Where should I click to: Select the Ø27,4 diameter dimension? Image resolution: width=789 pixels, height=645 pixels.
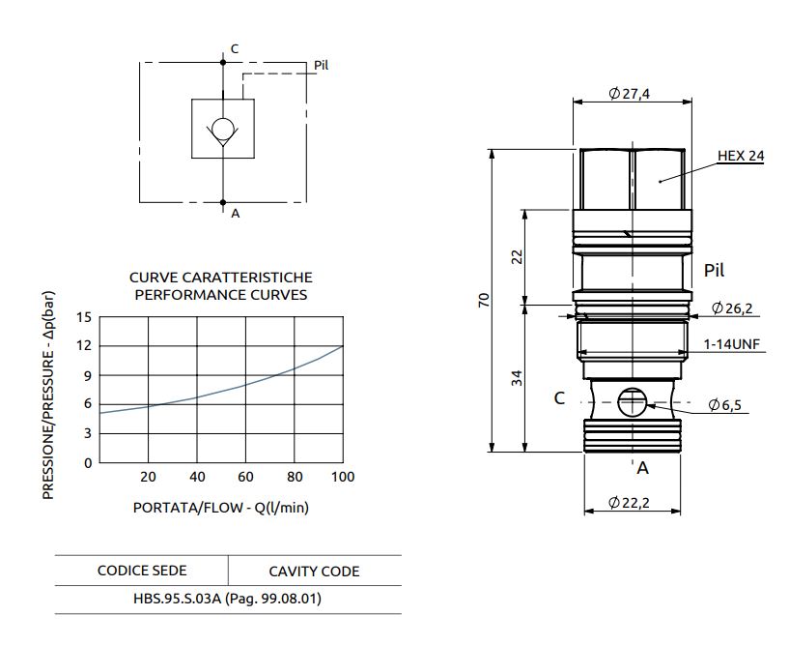coord(630,94)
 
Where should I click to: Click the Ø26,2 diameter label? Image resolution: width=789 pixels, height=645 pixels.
coord(732,308)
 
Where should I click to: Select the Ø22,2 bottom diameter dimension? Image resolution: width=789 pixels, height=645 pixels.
coord(630,503)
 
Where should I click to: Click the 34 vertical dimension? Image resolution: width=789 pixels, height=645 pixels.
coord(517,376)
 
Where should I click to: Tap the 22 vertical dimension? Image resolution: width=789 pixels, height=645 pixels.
coord(517,255)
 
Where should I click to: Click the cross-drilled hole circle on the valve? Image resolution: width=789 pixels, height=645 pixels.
coord(630,402)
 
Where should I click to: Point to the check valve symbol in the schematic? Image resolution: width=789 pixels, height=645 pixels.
coord(223,130)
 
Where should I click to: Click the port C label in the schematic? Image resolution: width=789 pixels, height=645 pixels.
coord(235,48)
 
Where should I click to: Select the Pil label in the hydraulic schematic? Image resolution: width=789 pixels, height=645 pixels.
coord(322,66)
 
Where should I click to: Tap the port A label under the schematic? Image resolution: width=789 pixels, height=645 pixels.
coord(235,214)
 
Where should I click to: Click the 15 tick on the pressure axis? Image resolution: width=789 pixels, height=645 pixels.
coord(84,317)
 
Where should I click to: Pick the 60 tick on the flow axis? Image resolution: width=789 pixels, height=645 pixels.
coord(245,477)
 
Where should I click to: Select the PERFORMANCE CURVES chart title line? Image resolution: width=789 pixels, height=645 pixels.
coord(220,295)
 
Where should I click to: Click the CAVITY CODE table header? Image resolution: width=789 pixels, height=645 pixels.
coord(313,572)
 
